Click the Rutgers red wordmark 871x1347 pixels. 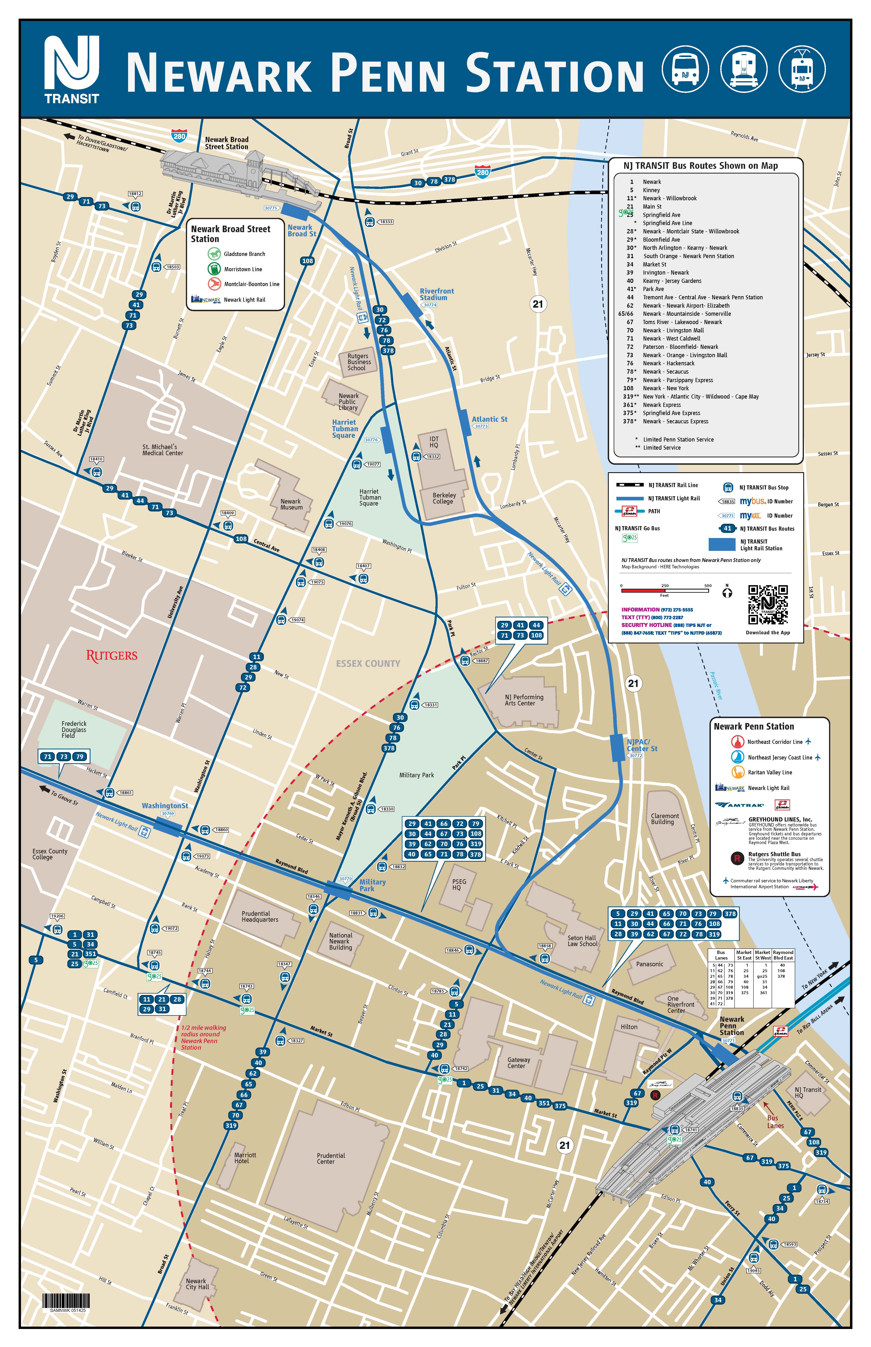(111, 655)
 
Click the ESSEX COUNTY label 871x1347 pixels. (368, 663)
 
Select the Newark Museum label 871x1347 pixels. (291, 504)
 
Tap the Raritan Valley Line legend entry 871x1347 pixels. (769, 773)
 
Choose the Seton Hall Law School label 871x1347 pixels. (582, 941)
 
